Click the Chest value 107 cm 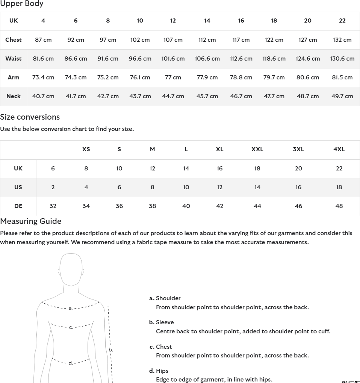pos(173,40)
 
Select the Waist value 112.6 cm pos(241,59)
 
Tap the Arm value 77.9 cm pos(207,78)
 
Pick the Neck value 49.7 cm pos(342,96)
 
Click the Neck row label pos(14,96)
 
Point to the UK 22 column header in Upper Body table pos(342,21)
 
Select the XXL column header pos(257,149)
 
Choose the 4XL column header pos(339,149)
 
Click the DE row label pos(18,206)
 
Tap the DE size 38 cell pos(152,206)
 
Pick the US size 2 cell pos(53,187)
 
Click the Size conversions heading pos(30,117)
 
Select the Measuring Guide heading pos(31,221)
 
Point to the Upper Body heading pos(22,4)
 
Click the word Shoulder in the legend pos(168,298)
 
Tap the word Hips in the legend pos(162,371)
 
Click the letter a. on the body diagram pos(71,309)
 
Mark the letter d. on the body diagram pos(71,363)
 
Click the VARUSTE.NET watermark pos(351,381)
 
